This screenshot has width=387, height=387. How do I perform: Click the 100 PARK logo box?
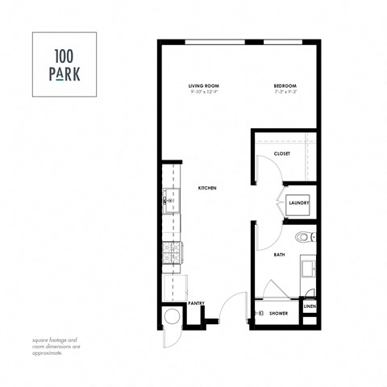point(64,64)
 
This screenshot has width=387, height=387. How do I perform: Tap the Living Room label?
point(204,85)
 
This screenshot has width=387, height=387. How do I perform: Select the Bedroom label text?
point(284,85)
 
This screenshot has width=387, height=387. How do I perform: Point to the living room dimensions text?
point(204,92)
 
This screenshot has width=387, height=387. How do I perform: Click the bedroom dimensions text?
point(284,92)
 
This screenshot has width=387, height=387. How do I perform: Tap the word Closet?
point(282,153)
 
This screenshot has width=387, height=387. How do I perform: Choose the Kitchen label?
point(208,189)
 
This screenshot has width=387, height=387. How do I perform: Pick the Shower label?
point(279,314)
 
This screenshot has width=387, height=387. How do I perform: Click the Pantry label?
point(196,303)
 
